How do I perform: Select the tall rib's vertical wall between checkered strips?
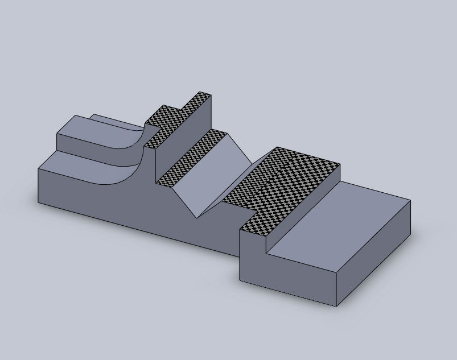click(185, 136)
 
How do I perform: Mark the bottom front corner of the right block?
click(336, 307)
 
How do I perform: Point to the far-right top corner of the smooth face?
click(410, 200)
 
